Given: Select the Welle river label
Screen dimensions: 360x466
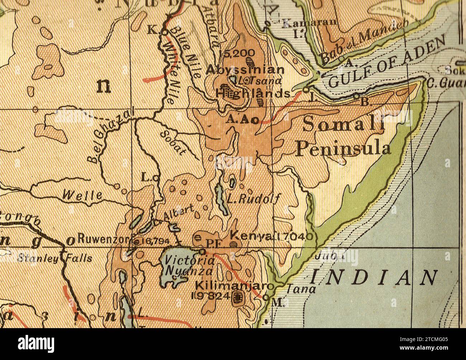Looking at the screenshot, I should pyautogui.click(x=82, y=195).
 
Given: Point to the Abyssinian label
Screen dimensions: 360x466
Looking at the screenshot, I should pyautogui.click(x=245, y=70).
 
